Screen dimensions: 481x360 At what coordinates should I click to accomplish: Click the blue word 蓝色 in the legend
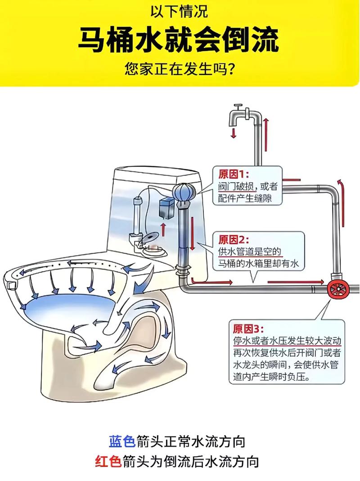click(x=121, y=441)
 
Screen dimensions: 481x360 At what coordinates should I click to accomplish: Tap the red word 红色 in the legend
click(x=108, y=462)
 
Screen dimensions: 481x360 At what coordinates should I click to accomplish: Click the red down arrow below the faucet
click(x=234, y=132)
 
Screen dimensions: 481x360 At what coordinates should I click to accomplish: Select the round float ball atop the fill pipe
click(x=184, y=194)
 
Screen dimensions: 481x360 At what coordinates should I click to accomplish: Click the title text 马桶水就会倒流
click(x=180, y=40)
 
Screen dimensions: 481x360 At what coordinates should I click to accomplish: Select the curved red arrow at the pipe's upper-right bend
click(x=341, y=184)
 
